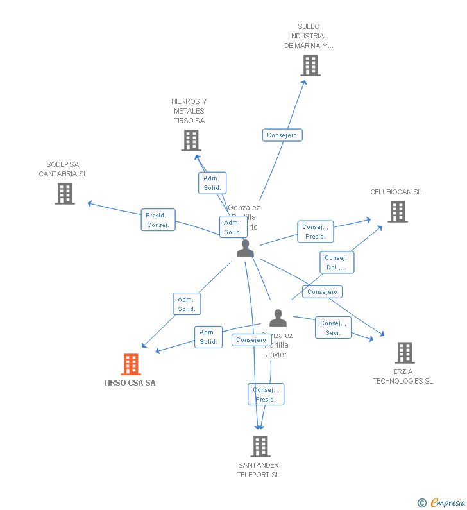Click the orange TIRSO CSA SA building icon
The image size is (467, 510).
click(x=131, y=364)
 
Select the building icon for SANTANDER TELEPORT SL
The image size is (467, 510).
click(x=260, y=446)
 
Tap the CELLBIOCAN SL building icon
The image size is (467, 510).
click(x=397, y=212)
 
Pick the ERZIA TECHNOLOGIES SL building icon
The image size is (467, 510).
click(x=404, y=353)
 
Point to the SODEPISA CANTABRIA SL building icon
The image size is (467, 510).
click(x=64, y=194)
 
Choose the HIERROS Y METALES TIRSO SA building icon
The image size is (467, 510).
click(x=191, y=140)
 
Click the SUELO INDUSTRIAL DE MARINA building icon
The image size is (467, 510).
click(x=310, y=65)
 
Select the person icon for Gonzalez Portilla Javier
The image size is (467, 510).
click(x=278, y=318)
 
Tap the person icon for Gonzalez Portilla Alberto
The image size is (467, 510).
click(x=245, y=248)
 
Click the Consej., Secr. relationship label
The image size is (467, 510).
click(x=333, y=328)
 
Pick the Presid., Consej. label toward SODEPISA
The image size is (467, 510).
click(x=158, y=220)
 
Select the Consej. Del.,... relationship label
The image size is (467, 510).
click(x=336, y=262)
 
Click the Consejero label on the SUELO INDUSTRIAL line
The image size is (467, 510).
click(x=282, y=135)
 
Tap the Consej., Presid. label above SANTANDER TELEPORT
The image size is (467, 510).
click(x=266, y=395)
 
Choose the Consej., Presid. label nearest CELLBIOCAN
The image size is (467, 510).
click(x=315, y=232)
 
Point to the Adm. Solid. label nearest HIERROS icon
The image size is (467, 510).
click(x=212, y=183)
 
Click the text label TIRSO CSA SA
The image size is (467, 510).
click(x=130, y=383)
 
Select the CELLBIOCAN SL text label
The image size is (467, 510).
click(x=396, y=192)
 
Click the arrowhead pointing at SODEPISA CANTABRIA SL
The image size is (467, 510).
click(x=89, y=203)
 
